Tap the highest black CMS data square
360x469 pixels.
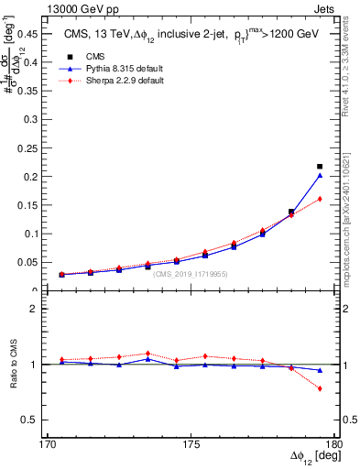coord(320,167)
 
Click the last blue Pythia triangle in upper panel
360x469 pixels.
coord(320,175)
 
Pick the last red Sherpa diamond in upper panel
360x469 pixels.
coord(320,199)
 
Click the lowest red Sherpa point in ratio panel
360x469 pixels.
coord(320,388)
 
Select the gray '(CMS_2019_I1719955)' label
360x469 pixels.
coord(191,274)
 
